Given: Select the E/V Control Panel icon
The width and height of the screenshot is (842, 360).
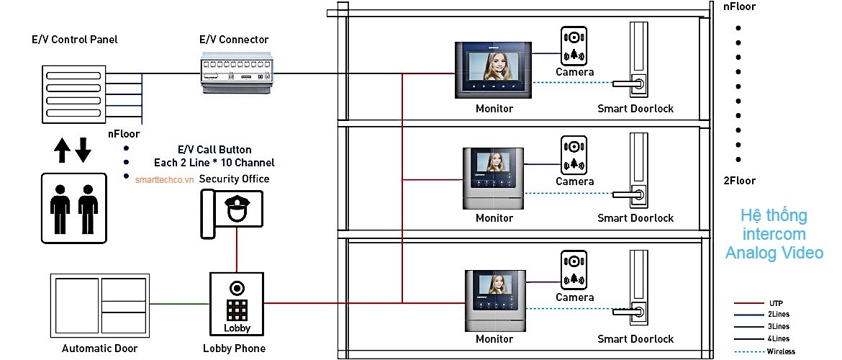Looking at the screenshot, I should (74, 93).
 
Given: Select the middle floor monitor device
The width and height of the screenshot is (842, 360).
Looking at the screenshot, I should (494, 179).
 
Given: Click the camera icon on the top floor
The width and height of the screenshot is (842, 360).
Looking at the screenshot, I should (574, 45).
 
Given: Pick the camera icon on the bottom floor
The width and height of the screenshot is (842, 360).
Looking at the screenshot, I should (574, 270).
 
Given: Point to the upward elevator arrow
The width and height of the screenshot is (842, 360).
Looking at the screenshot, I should (63, 150).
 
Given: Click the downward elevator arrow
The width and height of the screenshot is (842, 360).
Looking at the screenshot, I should (83, 150).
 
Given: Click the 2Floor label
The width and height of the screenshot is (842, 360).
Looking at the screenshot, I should (738, 181).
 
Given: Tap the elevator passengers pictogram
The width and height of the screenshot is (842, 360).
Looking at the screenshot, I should (74, 207).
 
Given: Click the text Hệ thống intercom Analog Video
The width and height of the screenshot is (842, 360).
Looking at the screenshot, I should (774, 234).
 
